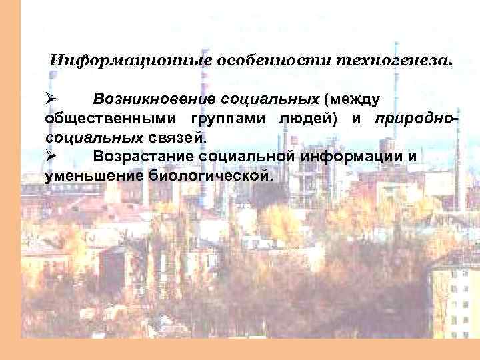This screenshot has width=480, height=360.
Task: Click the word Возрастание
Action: (145, 157)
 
